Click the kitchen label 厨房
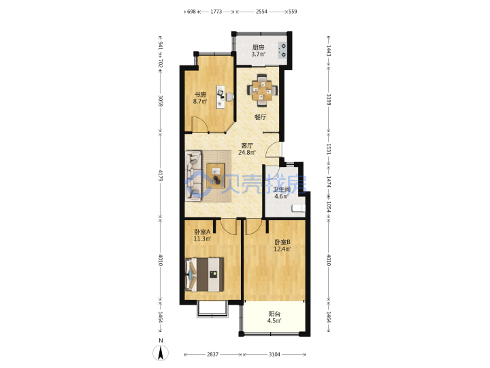[259, 47]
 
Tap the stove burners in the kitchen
[283, 50]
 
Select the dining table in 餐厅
[263, 91]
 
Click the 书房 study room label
[200, 94]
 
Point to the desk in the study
[220, 97]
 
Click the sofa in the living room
[194, 176]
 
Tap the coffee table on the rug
[216, 176]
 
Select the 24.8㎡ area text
[247, 153]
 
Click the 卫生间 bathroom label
[281, 189]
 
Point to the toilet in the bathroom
[299, 209]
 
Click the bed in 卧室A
[205, 275]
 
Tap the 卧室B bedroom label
[282, 242]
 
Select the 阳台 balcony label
[274, 314]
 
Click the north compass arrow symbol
[161, 353]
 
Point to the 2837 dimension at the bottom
[212, 354]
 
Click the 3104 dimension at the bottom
[274, 354]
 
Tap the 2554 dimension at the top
[261, 12]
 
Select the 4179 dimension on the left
[161, 176]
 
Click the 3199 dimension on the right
[329, 99]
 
